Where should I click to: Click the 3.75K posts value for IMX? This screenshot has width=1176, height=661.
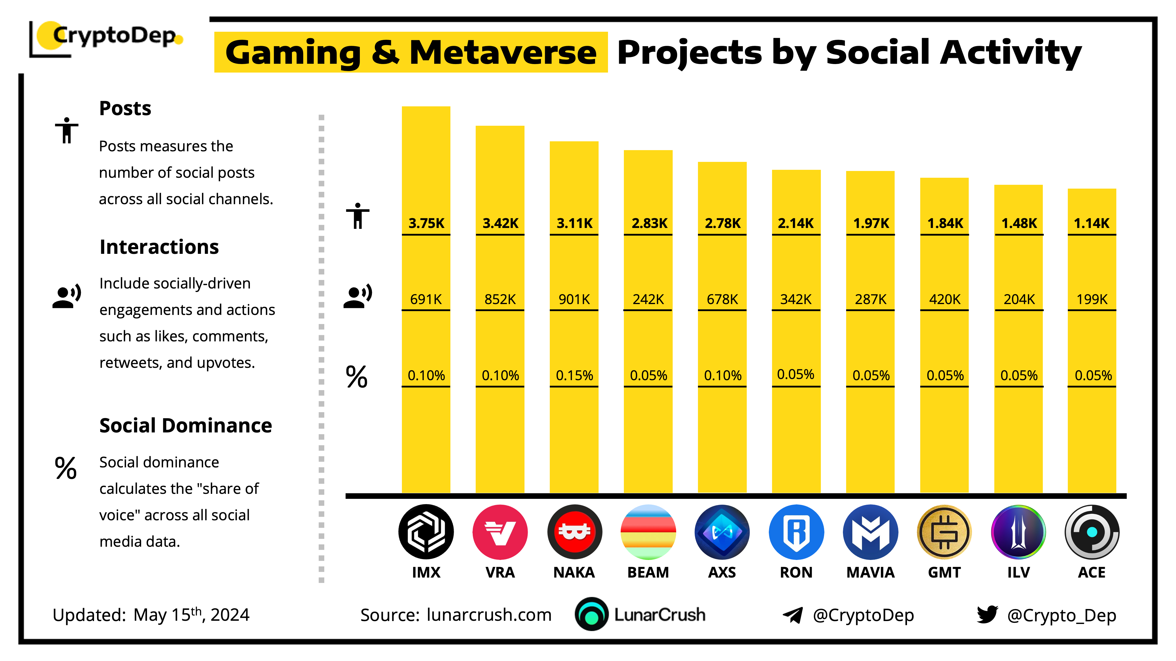(426, 223)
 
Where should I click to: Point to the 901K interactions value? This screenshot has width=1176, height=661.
(574, 299)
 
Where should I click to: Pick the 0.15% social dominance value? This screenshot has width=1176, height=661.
(574, 375)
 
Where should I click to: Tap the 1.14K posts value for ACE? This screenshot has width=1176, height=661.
(1092, 223)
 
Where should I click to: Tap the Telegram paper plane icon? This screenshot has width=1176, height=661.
(793, 615)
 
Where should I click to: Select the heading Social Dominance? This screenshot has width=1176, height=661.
(185, 426)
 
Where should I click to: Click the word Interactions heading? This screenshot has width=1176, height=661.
(159, 247)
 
